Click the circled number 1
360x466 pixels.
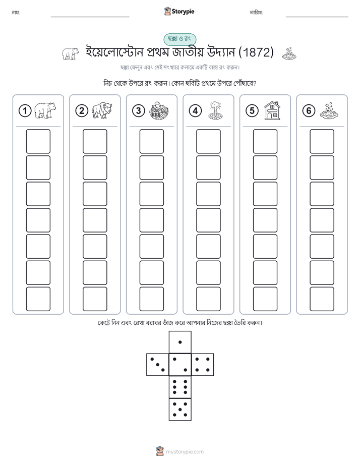point(25,111)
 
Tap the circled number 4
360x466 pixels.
point(195,111)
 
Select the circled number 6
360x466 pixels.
point(309,111)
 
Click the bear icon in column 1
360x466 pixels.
point(45,110)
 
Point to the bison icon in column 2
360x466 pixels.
point(101,110)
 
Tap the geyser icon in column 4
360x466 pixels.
point(215,110)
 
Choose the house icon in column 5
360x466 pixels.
point(272,110)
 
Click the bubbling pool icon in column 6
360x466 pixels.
point(329,111)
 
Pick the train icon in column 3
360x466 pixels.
point(159,110)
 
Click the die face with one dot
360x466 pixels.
point(180,342)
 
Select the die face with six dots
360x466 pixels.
point(180,387)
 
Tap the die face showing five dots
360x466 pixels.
point(180,410)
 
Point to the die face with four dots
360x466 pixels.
point(203,365)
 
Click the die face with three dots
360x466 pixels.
point(157,365)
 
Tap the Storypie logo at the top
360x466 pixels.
point(179,12)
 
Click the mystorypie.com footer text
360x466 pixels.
point(185,452)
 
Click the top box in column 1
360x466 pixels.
point(38,141)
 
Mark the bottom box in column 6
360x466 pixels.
point(322,299)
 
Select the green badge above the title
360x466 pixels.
point(179,39)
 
